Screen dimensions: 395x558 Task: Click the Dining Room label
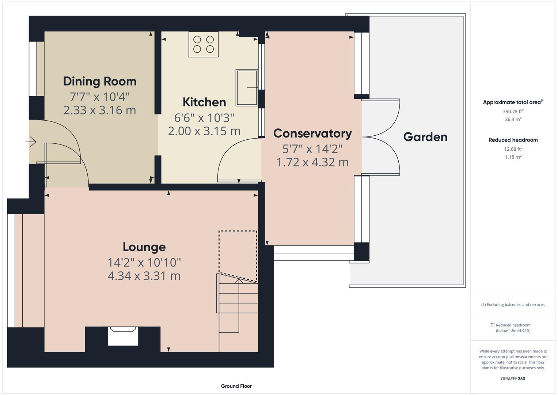[x=100, y=81]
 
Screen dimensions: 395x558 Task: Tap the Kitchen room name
[x=204, y=102]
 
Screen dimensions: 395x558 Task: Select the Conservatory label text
[x=312, y=133]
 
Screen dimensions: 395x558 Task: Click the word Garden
[x=425, y=137]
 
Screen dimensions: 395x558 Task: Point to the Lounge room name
[x=144, y=247]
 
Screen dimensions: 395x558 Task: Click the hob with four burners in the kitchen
[x=204, y=44]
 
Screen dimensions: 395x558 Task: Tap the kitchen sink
[x=247, y=88]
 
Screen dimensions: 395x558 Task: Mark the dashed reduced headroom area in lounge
[x=238, y=254]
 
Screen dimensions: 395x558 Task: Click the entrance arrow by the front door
[x=31, y=142]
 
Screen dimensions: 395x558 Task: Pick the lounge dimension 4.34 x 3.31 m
[x=144, y=276]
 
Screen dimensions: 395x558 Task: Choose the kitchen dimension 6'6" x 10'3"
[x=204, y=118]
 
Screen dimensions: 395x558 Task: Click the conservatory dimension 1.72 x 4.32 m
[x=312, y=162]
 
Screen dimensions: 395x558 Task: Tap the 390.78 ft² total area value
[x=513, y=112]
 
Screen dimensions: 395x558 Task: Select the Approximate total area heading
[x=513, y=102]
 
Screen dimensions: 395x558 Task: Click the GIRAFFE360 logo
[x=513, y=379]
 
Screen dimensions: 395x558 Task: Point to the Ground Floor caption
[x=236, y=386]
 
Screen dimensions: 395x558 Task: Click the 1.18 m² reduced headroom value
[x=513, y=157]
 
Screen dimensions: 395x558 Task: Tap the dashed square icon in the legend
[x=492, y=325]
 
